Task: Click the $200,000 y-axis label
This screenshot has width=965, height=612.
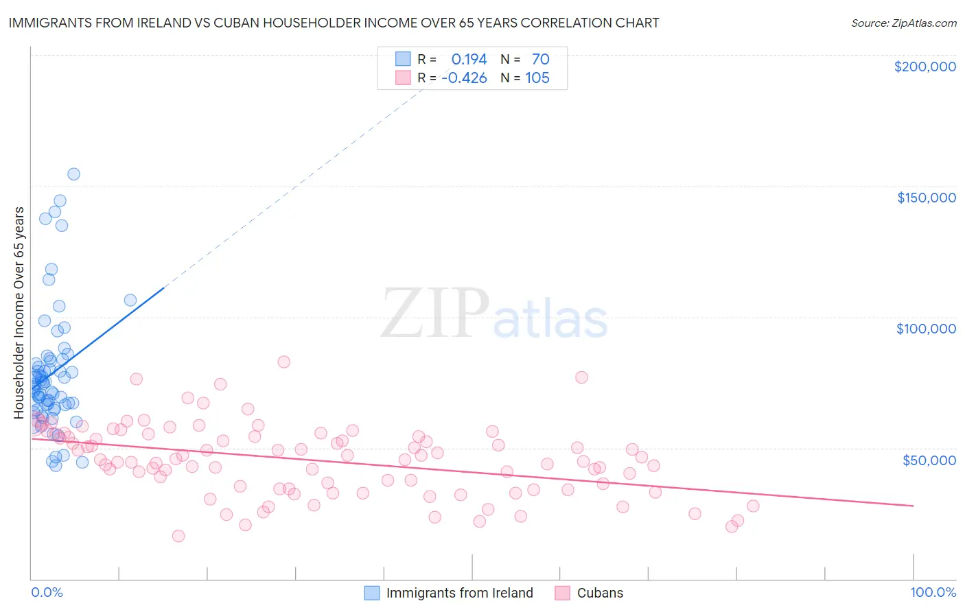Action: (x=925, y=67)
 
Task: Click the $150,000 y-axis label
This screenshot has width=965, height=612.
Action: (x=926, y=198)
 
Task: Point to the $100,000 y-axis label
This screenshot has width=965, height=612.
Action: (x=926, y=329)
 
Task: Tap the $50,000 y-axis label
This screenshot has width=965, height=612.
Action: (x=929, y=460)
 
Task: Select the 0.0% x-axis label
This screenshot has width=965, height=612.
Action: (x=47, y=592)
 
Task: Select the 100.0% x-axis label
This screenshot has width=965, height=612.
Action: (x=933, y=592)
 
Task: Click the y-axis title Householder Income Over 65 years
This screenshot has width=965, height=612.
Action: (x=19, y=312)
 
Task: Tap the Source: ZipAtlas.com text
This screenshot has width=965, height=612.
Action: (x=903, y=23)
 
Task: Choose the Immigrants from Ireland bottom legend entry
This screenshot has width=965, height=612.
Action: (x=459, y=593)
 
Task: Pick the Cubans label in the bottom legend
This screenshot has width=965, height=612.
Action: (x=600, y=593)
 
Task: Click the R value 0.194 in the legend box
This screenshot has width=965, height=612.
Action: (x=469, y=59)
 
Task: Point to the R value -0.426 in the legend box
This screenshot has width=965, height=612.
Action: (x=464, y=78)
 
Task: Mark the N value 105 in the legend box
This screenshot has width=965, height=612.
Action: (x=537, y=78)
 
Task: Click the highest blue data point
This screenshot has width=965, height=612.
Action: (x=73, y=174)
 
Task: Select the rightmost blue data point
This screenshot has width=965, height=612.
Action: (x=130, y=300)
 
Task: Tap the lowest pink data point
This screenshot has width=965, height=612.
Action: (x=178, y=536)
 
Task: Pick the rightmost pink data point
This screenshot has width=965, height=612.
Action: (x=753, y=506)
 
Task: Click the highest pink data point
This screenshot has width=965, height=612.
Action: (x=283, y=362)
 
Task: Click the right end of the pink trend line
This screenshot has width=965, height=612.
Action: (x=913, y=506)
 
